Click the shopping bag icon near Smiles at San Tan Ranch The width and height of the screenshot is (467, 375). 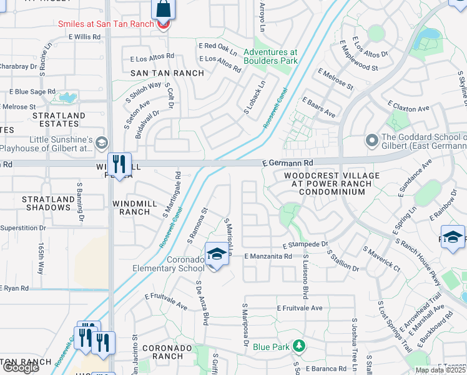click(x=164, y=9)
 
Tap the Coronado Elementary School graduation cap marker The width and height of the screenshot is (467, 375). click(x=217, y=254)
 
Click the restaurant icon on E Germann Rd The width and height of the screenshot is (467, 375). click(x=119, y=164)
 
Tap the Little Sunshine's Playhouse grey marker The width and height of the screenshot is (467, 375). click(x=101, y=144)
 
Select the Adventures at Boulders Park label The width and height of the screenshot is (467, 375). click(x=271, y=57)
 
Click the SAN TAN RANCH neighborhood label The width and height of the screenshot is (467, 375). click(x=167, y=73)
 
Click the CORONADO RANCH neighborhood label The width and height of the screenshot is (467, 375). click(x=162, y=352)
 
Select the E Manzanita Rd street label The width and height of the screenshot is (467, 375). click(x=268, y=256)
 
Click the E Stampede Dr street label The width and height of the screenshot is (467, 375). click(x=305, y=244)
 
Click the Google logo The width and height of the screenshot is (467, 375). click(x=20, y=367)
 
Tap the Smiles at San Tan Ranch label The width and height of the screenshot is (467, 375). click(x=106, y=24)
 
